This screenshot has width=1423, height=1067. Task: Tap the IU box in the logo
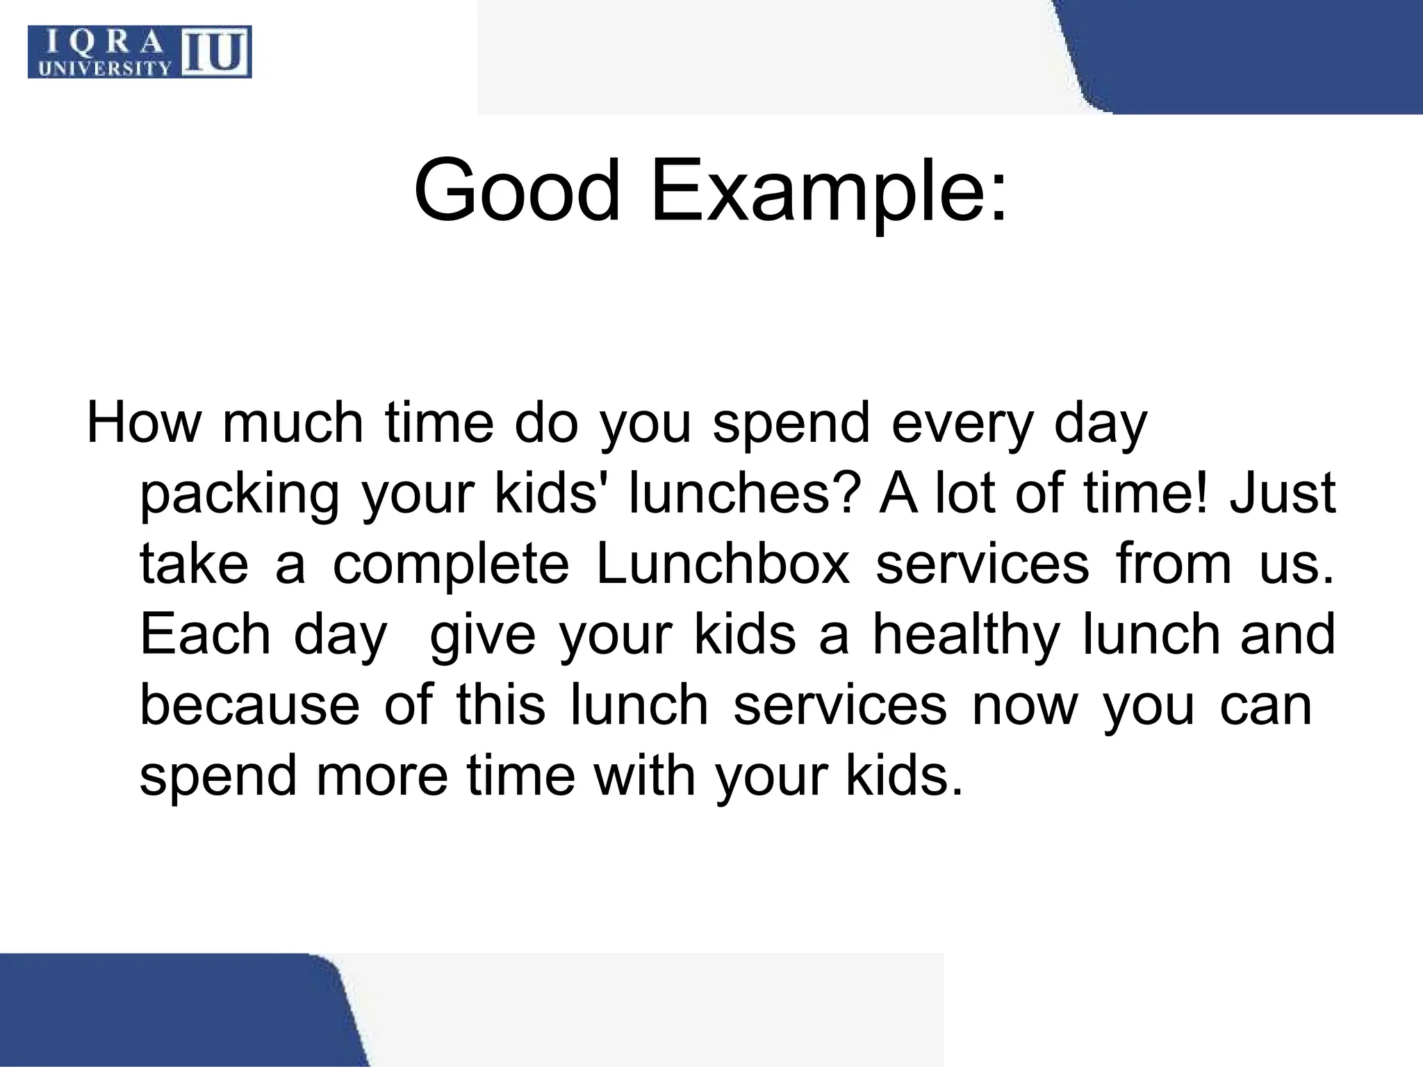point(216,53)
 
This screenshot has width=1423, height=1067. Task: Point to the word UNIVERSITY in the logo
point(104,68)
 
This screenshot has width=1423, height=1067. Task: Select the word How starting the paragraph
point(142,423)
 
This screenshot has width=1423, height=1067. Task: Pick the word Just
point(1283,493)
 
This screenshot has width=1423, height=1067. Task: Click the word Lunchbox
point(723,564)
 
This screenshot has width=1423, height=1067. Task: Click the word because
point(250,704)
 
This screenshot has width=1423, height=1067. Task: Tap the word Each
point(205,634)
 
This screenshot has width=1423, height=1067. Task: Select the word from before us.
point(1174,564)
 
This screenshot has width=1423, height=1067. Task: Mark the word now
point(1024,706)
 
